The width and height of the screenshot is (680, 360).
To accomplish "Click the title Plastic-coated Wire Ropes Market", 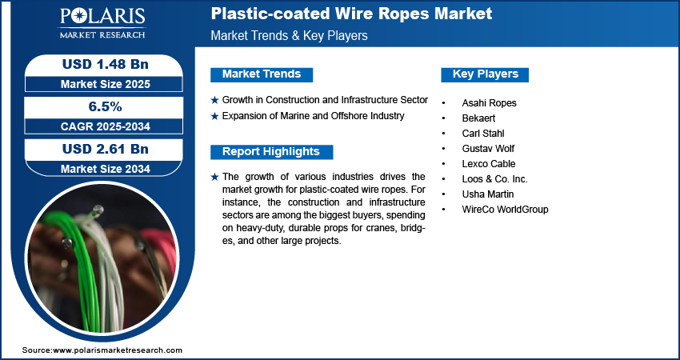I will coord(351,14).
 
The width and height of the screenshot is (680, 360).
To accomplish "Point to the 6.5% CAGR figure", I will coord(105,106).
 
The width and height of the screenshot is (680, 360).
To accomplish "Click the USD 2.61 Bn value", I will coord(105,149).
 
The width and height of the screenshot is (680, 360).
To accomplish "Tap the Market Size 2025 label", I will coord(105,83).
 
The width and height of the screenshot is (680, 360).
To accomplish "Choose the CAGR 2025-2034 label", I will coord(105,126).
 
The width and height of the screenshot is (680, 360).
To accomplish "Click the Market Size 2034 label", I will coord(105,169).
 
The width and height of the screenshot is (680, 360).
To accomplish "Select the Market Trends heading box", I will coord(262,74).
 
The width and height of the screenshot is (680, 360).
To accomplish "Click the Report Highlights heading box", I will coord(271,152).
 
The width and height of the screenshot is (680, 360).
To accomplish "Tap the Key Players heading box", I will coord(485,74).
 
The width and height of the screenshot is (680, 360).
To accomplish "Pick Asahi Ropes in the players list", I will coord(489,103).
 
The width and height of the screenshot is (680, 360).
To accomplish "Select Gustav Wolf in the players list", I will coord(488,149).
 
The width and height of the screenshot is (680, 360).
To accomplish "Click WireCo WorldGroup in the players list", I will coord(505,210).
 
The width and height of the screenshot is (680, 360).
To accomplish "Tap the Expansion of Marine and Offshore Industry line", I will coord(313,116).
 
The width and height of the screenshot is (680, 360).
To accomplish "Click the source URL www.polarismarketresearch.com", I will coord(118,350).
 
